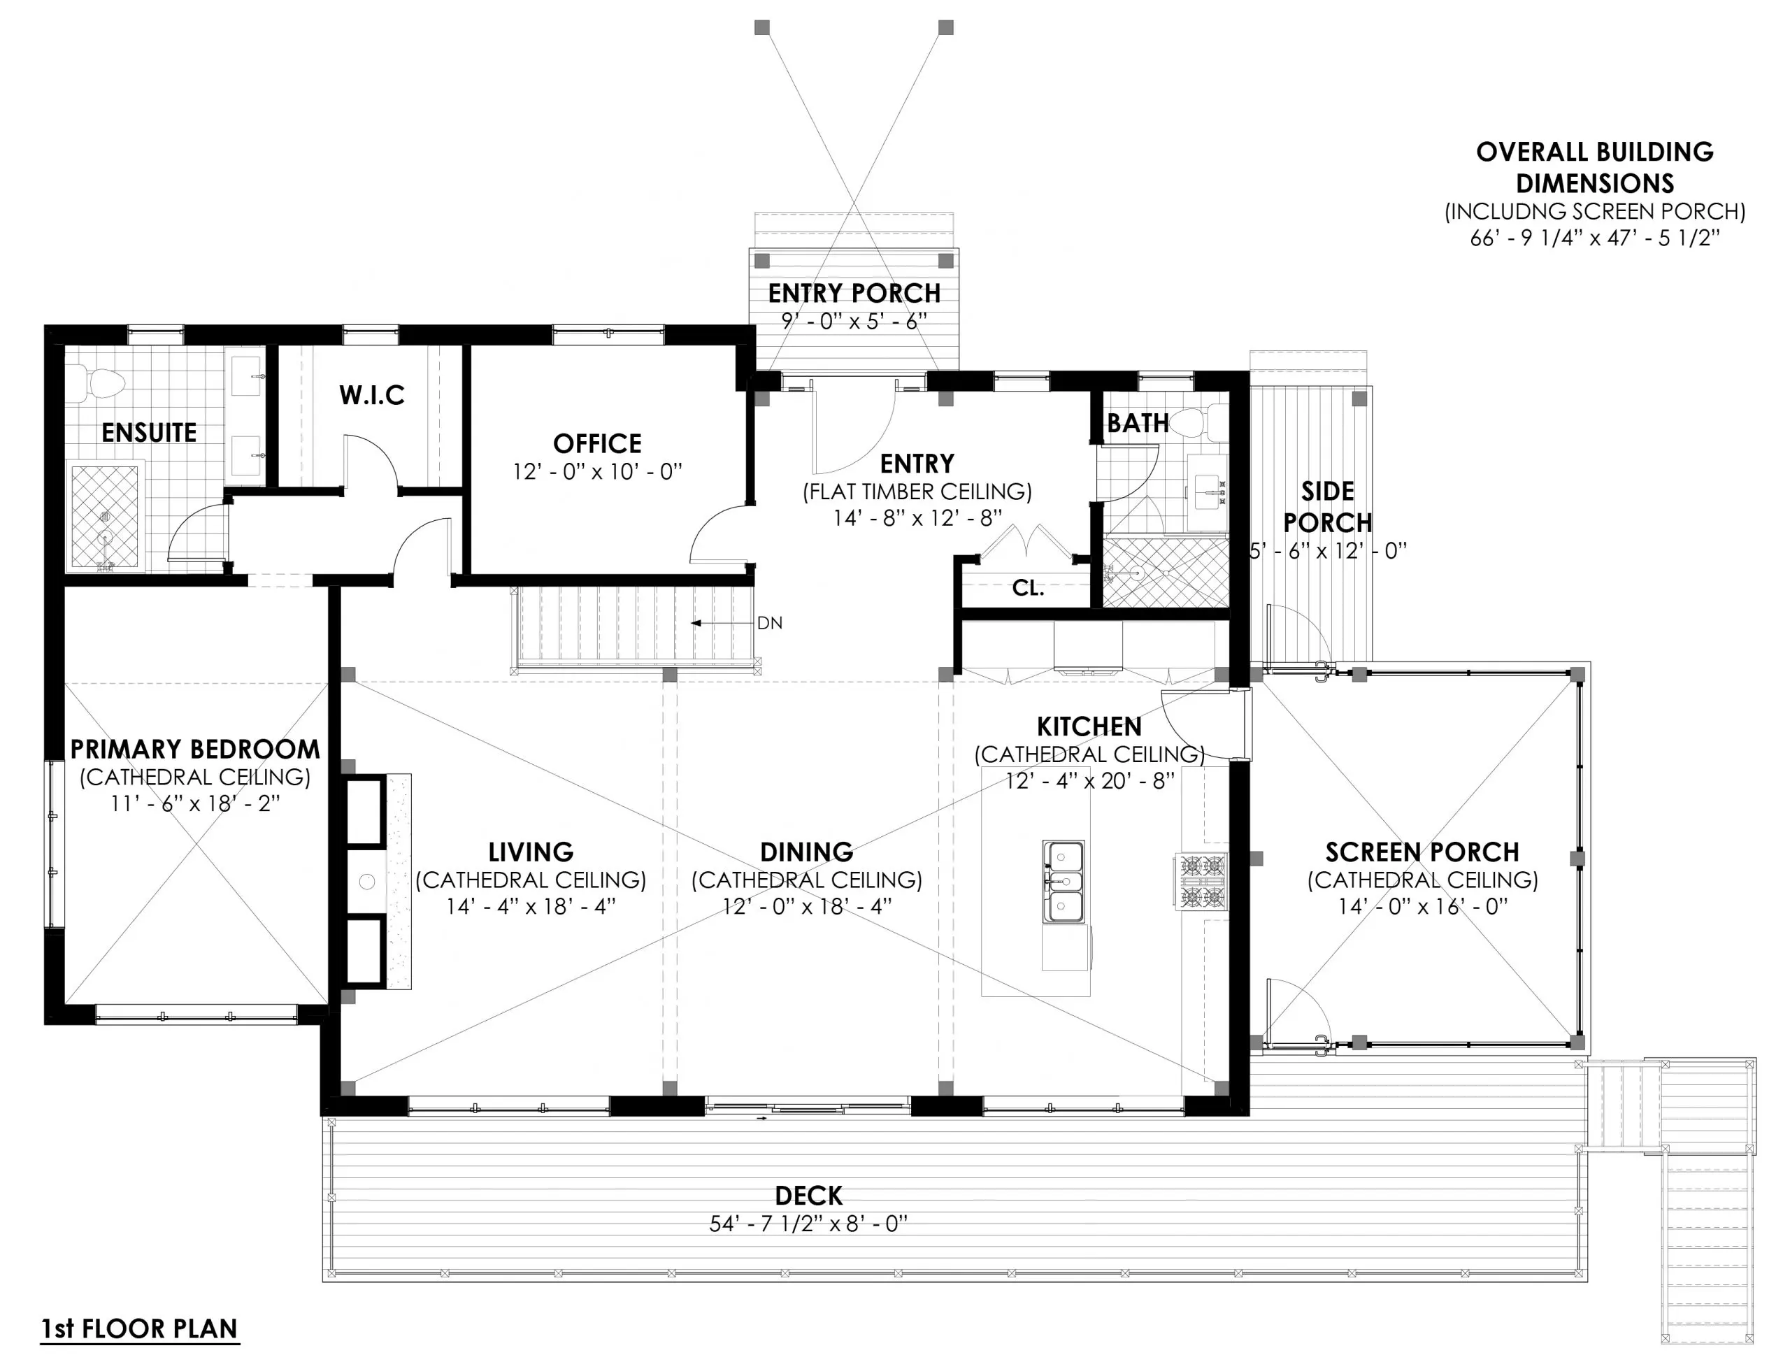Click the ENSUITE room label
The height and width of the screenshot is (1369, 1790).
149,433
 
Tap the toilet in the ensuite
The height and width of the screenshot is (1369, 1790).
101,383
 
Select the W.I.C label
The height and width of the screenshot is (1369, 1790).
371,395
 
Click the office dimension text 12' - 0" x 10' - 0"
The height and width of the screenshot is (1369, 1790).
597,472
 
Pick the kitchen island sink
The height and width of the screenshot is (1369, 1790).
1065,881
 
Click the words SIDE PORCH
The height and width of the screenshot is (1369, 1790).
1327,507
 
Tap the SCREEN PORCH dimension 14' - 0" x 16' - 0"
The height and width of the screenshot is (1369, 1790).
1422,907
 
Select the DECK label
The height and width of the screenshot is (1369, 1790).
808,1196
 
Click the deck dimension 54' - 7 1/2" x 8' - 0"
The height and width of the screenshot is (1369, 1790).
808,1224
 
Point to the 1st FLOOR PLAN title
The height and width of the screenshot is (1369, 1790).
139,1329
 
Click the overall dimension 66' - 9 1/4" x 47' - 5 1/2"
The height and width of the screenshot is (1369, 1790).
1594,238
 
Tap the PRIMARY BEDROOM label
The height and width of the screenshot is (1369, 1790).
194,750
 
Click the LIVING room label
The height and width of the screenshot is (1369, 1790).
531,852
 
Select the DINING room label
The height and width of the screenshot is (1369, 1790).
807,852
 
